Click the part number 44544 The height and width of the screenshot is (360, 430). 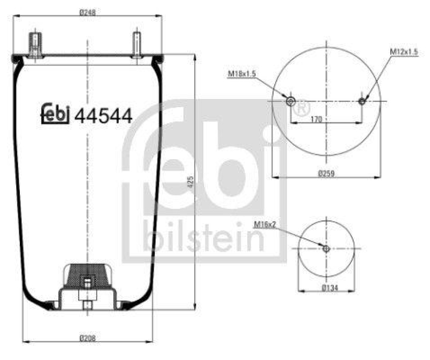(x=103, y=115)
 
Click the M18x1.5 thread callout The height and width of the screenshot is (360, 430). (x=241, y=74)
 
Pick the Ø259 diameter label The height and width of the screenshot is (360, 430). (x=327, y=173)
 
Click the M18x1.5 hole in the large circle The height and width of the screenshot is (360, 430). (x=291, y=101)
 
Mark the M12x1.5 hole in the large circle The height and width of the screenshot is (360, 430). (x=362, y=101)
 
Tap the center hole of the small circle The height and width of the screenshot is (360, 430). (x=326, y=248)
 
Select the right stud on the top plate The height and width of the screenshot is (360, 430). (x=137, y=45)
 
